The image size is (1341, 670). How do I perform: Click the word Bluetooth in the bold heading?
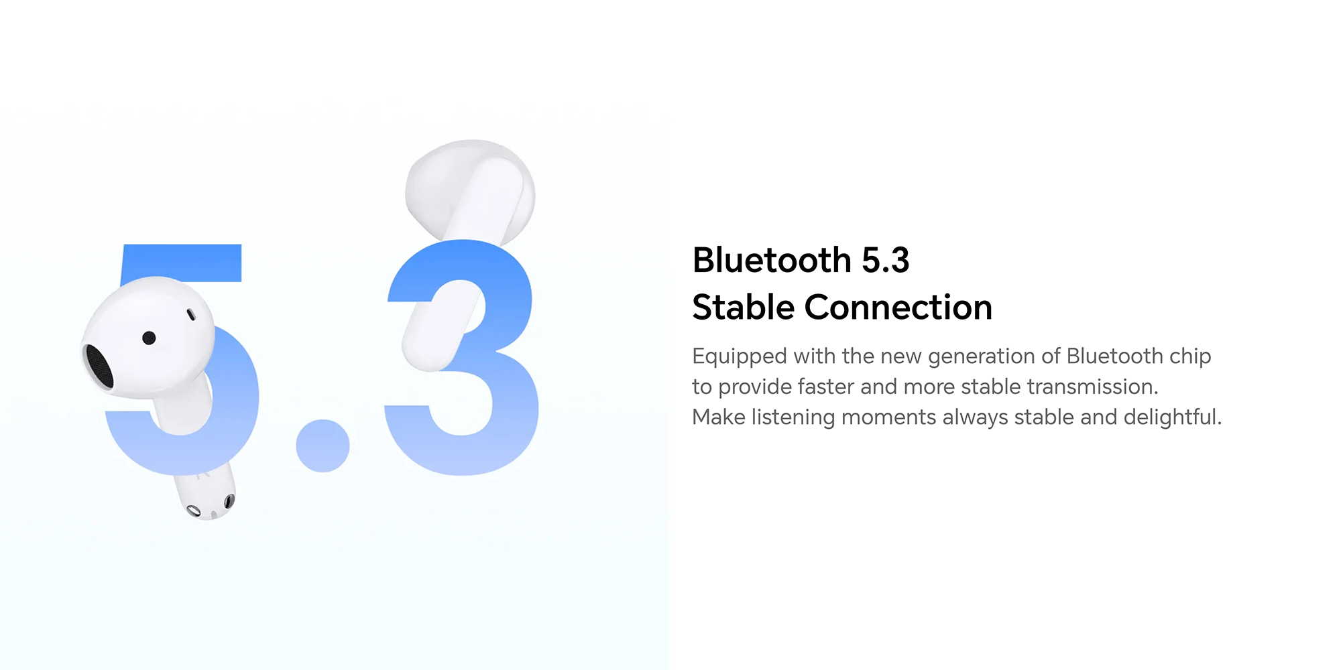[772, 260]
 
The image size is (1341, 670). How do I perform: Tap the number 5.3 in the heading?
[886, 260]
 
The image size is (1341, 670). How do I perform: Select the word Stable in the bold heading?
[744, 308]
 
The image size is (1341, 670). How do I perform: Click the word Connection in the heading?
[898, 308]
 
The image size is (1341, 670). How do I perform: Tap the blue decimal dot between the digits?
[323, 446]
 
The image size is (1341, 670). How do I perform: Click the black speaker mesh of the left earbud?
[99, 366]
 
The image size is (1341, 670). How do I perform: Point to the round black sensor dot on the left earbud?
[150, 338]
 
